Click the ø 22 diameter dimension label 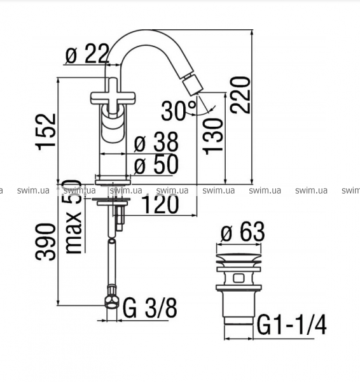click(x=87, y=53)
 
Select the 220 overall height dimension click(x=240, y=95)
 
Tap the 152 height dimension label click(x=46, y=132)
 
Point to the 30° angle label click(x=179, y=111)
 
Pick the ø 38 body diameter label click(x=156, y=142)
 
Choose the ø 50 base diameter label click(x=156, y=164)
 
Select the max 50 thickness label click(x=74, y=216)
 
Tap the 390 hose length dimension click(x=46, y=242)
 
